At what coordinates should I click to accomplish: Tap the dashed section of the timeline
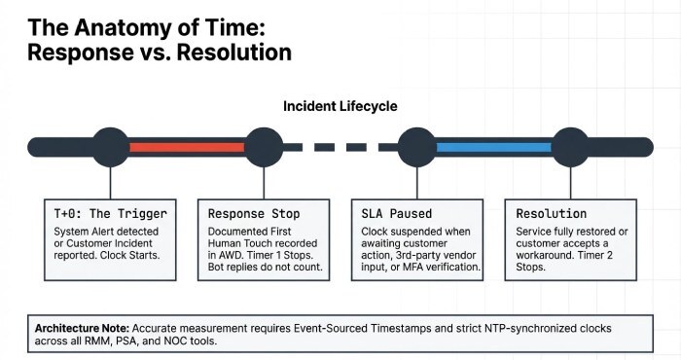tap(336, 147)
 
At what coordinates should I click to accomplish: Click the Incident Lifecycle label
tap(340, 105)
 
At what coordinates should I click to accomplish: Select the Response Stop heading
tap(254, 213)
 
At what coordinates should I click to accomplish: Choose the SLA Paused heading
tap(396, 213)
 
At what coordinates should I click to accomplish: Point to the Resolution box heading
tap(552, 213)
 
